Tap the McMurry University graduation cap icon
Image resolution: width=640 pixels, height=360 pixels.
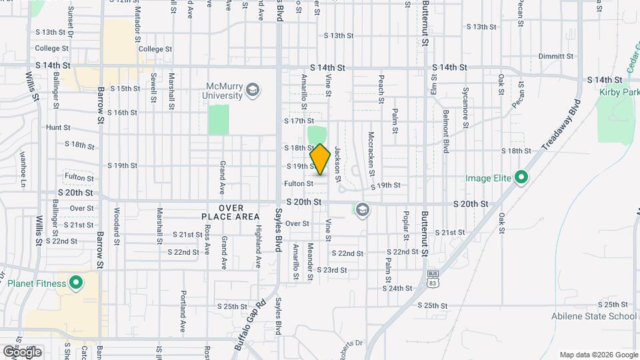pyautogui.click(x=252, y=89)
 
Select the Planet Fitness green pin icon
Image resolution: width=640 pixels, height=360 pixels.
pyautogui.click(x=75, y=283)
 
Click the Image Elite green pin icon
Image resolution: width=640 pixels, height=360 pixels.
pyautogui.click(x=521, y=178)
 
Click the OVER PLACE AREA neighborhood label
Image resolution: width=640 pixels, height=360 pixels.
pyautogui.click(x=230, y=212)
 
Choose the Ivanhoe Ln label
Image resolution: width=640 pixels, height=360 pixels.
pyautogui.click(x=23, y=169)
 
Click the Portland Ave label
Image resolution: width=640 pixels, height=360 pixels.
pyautogui.click(x=182, y=311)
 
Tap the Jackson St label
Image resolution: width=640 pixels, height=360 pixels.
pyautogui.click(x=338, y=164)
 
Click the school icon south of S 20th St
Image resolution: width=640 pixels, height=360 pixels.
pyautogui.click(x=362, y=211)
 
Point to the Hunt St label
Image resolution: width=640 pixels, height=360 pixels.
pyautogui.click(x=58, y=127)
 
